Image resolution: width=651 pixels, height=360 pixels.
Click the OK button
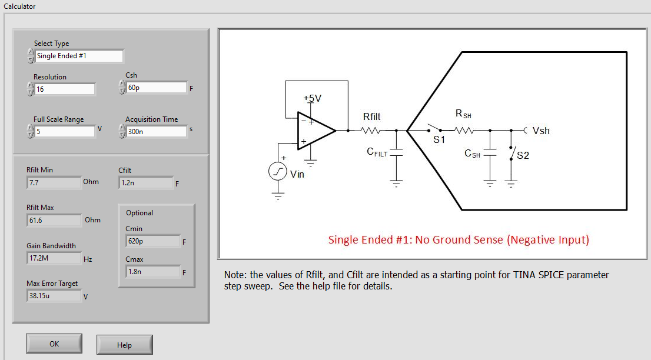coord(54,344)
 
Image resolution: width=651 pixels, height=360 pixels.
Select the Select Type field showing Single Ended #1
coord(79,56)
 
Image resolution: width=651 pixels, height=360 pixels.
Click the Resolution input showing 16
coord(64,89)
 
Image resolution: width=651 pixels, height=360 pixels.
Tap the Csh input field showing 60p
coord(157,88)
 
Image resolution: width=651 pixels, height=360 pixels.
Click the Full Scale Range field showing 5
coord(64,132)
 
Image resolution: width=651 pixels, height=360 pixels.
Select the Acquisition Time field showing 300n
coord(157,132)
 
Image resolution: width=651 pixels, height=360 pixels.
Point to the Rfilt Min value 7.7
coord(54,183)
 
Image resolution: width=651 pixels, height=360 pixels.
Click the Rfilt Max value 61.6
coord(54,221)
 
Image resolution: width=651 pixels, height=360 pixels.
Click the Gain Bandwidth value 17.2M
coord(54,258)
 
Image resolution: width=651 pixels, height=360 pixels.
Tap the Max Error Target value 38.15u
coord(54,296)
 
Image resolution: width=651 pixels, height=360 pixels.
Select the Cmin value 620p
coord(153,241)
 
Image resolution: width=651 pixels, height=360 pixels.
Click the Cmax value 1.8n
coord(153,272)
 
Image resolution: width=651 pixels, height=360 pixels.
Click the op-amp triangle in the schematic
coord(315,131)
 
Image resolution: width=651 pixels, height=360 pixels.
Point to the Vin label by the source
coord(297,175)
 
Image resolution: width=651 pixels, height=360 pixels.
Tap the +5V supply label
coord(313,98)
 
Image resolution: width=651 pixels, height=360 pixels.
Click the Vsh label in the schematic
coord(541,131)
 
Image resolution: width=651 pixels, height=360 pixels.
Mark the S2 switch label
coord(523,155)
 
